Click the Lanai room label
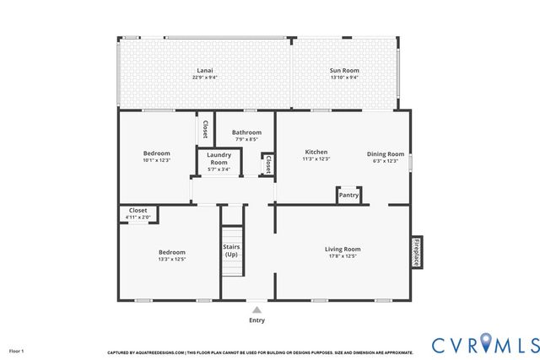(x=204, y=70)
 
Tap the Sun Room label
(x=343, y=70)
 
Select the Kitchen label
(x=316, y=153)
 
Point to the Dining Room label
(x=386, y=153)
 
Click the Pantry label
(x=348, y=196)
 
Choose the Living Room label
(x=343, y=249)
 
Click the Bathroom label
(x=246, y=132)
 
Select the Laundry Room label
(x=219, y=159)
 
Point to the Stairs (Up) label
(x=230, y=250)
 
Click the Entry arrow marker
(x=256, y=310)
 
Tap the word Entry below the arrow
(x=256, y=320)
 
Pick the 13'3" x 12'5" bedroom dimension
(x=171, y=260)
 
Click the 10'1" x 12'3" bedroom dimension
(x=156, y=160)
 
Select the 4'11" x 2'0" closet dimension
(x=138, y=218)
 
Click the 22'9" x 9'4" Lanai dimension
(x=204, y=78)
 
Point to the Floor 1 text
(x=17, y=350)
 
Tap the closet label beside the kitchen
(x=268, y=163)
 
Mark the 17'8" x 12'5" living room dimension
(x=343, y=256)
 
